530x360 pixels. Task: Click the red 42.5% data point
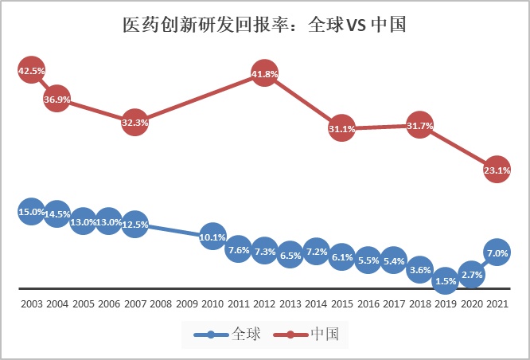31,71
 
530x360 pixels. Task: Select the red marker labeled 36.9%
57,100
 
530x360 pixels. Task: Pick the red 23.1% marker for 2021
497,169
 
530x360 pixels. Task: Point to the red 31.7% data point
419,126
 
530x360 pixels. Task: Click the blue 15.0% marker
31,212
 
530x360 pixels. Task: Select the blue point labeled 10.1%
212,237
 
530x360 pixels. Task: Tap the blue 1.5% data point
445,280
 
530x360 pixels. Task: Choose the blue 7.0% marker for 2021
497,253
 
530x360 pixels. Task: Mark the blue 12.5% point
134,225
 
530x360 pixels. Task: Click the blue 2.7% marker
471,275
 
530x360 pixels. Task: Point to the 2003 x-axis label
32,304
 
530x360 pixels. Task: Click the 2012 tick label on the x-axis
264,304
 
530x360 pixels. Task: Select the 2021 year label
497,304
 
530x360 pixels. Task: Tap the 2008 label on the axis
161,304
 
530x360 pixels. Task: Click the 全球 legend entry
230,335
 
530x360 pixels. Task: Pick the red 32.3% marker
134,123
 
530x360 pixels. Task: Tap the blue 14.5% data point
57,214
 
